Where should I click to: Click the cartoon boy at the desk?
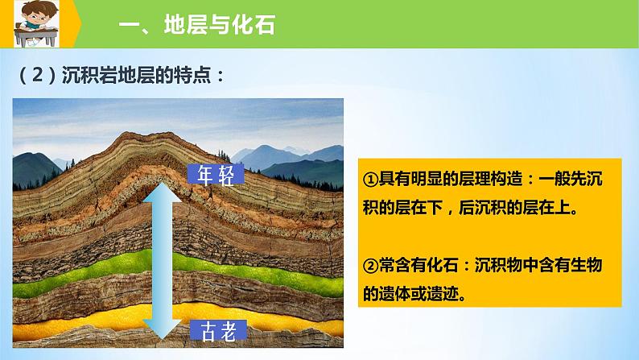pos(36,23)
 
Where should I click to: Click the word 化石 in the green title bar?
pos(254,24)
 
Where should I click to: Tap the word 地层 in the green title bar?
pos(186,24)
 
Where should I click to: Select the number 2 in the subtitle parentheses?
pos(37,75)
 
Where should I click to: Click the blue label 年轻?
pos(216,175)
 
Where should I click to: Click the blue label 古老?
pos(218,330)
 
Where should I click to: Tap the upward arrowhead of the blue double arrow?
pos(163,192)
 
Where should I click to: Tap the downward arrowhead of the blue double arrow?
pos(163,329)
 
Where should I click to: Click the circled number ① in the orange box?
pos(370,180)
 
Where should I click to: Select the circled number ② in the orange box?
pos(370,266)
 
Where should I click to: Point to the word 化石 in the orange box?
pos(442,266)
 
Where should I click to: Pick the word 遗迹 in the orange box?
pos(442,293)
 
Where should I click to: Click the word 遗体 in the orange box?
pos(394,293)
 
